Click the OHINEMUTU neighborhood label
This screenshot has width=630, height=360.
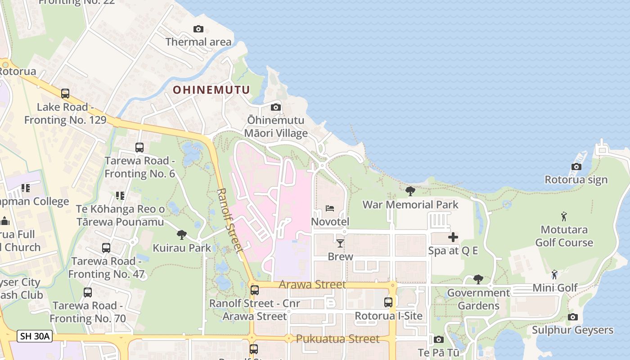coord(211,90)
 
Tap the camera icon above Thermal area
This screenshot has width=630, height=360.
coord(198,29)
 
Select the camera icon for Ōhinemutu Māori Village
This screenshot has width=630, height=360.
coord(276,108)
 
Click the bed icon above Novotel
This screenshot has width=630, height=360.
coord(330,208)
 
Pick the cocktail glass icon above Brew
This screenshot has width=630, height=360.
coord(340,243)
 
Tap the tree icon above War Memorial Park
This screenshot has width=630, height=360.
coord(410,191)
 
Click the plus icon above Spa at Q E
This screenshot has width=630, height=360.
coord(453,237)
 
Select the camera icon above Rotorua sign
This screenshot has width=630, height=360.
coord(576,167)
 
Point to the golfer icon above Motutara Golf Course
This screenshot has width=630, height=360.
coord(564,217)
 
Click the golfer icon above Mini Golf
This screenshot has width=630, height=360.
coord(554,274)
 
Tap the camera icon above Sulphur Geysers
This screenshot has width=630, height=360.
coord(572,317)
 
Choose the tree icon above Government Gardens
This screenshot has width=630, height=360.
coord(478,279)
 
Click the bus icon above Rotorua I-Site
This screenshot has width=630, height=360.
coord(388,302)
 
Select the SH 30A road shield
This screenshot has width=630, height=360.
coord(35,336)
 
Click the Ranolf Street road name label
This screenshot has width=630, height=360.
coord(230,220)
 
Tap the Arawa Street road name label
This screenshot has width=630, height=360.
coord(312,284)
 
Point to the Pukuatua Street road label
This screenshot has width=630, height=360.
coord(337,339)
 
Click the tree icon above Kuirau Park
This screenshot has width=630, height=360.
coord(182,234)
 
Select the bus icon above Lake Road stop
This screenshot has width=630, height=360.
coord(65,94)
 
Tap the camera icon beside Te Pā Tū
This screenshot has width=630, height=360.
coord(439,339)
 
